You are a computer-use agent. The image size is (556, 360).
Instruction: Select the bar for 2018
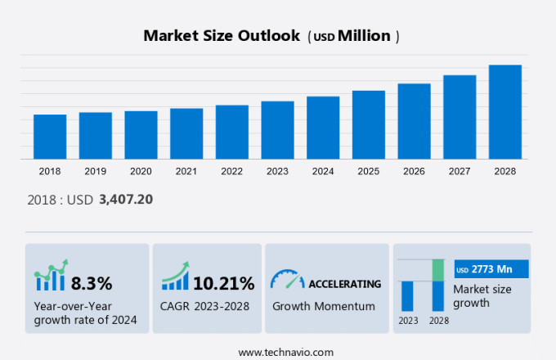click(x=50, y=137)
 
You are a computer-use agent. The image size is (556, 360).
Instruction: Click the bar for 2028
click(x=505, y=112)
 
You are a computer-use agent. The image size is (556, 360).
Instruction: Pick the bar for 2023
click(x=277, y=130)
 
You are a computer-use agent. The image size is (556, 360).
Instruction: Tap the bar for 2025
click(x=369, y=124)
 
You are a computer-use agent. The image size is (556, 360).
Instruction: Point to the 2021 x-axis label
click(x=186, y=171)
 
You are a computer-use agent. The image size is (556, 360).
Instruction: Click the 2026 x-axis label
click(x=414, y=171)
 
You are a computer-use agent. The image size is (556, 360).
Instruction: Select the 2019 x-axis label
click(x=95, y=171)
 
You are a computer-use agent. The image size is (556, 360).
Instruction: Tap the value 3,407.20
click(x=126, y=199)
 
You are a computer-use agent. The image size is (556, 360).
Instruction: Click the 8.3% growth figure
click(x=92, y=284)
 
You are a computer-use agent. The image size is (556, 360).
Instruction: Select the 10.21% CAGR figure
click(x=223, y=284)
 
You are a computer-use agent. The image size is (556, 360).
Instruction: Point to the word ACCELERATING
click(x=344, y=284)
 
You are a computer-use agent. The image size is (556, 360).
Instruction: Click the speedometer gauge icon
click(x=287, y=280)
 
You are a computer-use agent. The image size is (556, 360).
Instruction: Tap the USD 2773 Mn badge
click(x=491, y=268)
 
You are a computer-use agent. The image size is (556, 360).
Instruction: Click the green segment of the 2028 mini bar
click(x=438, y=270)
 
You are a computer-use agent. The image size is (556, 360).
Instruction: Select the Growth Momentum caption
click(x=323, y=306)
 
